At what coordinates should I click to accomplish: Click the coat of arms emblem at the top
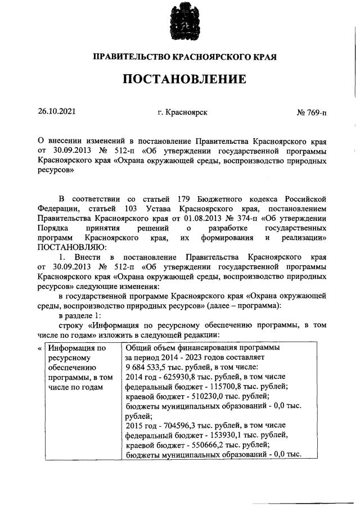click(x=184, y=22)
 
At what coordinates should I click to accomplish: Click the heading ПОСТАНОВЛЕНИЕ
click(x=184, y=79)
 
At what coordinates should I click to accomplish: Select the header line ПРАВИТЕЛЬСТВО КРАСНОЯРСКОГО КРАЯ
click(x=184, y=57)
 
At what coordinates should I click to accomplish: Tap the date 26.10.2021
click(x=56, y=112)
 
